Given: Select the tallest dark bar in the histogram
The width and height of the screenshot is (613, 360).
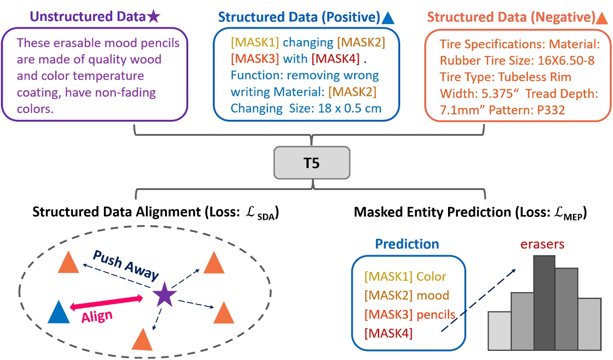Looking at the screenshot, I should click(544, 303).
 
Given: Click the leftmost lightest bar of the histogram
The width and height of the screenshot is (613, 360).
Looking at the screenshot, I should click(499, 331).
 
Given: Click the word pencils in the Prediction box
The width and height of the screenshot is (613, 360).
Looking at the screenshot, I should click(437, 314).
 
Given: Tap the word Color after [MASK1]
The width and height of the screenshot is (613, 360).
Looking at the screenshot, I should click(431, 276).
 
